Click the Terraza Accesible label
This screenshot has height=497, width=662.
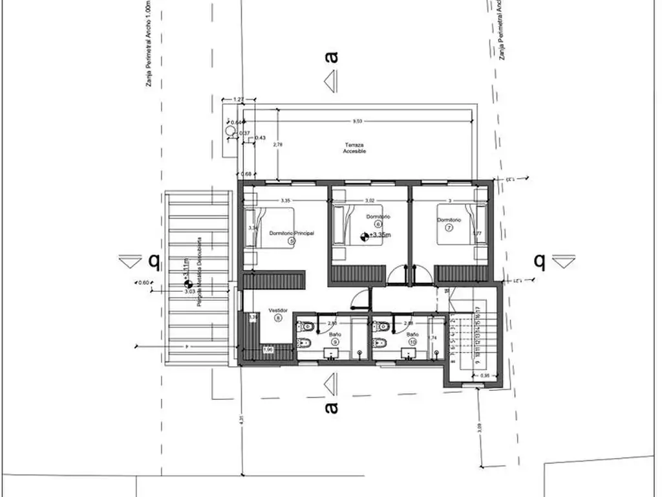coord(355,148)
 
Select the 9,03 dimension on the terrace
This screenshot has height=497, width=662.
coord(356,121)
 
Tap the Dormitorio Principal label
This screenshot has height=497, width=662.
coord(292,232)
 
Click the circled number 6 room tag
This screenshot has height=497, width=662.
coord(378,224)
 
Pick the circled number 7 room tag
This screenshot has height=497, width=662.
coord(449,227)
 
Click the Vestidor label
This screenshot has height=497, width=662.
coord(278,310)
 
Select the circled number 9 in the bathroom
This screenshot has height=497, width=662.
coord(336,342)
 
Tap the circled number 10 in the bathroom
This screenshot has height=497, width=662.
coord(412,342)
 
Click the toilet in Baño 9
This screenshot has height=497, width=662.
coord(308,342)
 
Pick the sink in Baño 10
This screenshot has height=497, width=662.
coord(409,353)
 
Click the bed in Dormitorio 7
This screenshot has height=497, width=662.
coord(460,225)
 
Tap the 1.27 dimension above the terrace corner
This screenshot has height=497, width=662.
coord(238,100)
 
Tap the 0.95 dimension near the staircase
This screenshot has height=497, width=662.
coord(485,375)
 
